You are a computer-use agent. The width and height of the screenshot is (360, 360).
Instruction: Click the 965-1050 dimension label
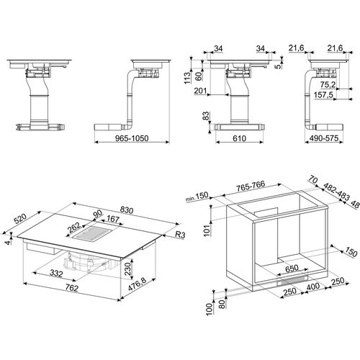(x=132, y=138)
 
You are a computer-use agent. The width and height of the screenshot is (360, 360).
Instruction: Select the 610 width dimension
(x=239, y=138)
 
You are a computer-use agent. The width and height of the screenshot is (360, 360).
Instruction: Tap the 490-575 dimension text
(x=324, y=138)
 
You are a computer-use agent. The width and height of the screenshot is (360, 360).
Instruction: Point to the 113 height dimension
(x=187, y=78)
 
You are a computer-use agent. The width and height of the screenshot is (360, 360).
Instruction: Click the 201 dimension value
(x=200, y=91)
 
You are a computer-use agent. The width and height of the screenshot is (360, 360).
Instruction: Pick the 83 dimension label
(x=207, y=117)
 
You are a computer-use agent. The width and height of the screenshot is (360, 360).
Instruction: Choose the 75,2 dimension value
(x=328, y=85)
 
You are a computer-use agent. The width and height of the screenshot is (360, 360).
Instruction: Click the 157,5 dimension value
(x=323, y=95)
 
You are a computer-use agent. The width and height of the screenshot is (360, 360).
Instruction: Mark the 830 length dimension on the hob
(x=127, y=210)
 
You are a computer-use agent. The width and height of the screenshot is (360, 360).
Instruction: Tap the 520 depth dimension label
(x=20, y=219)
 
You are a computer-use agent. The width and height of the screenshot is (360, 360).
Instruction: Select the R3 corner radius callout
(x=180, y=235)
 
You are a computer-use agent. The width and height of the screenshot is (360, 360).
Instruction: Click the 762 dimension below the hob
(x=71, y=288)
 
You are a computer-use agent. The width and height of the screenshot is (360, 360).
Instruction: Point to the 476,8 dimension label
(x=137, y=284)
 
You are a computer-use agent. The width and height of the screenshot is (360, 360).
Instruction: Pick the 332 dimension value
(x=56, y=273)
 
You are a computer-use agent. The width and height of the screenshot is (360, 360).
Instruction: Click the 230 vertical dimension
(x=127, y=269)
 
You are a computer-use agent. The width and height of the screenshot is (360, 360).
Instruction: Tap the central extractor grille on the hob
(x=93, y=234)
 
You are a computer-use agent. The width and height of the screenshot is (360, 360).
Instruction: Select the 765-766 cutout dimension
(x=251, y=186)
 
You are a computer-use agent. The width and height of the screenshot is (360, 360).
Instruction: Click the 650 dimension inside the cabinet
(x=292, y=269)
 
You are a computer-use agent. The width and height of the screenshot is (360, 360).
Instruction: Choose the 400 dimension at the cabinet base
(x=313, y=287)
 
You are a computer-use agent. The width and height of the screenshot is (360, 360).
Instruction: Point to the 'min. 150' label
(x=197, y=197)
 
